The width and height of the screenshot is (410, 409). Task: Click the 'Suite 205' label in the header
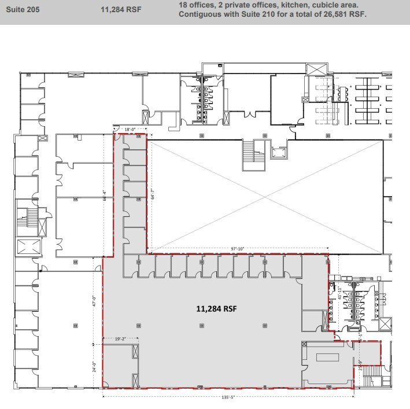click(x=23, y=9)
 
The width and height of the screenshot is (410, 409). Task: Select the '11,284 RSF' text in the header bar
click(x=120, y=9)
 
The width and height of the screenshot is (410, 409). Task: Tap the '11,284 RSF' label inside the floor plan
click(x=217, y=309)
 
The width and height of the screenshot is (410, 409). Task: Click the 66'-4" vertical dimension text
click(x=105, y=195)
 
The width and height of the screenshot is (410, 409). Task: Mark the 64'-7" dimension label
click(x=152, y=194)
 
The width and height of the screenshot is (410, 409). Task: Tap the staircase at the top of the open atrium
click(x=254, y=156)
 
